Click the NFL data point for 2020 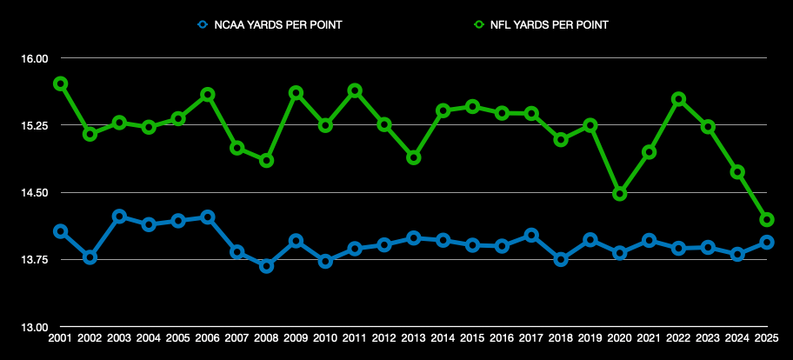[x=620, y=194]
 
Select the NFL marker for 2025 [x=767, y=220]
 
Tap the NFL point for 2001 [x=60, y=83]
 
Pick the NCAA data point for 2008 [x=267, y=265]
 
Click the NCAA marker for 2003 [x=119, y=216]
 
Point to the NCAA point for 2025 [x=767, y=243]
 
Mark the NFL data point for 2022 [x=679, y=99]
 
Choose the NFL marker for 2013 [x=414, y=157]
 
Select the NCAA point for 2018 [x=561, y=259]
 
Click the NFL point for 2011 [x=355, y=90]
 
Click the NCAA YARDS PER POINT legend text [x=277, y=25]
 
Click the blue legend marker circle [x=203, y=25]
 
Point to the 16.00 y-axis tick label [x=35, y=58]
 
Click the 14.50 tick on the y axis [x=35, y=193]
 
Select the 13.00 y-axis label [x=35, y=328]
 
